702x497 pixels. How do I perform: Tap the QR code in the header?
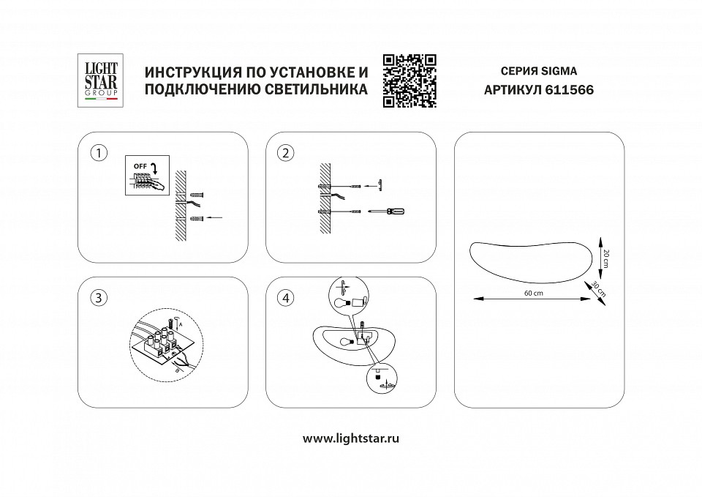409,81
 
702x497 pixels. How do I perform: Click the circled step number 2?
285,153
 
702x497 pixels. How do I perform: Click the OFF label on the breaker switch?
140,166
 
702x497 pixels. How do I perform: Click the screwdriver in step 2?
388,211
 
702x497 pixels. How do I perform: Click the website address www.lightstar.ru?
351,438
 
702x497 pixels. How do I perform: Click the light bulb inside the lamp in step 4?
346,341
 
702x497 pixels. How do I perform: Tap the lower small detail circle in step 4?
381,379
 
